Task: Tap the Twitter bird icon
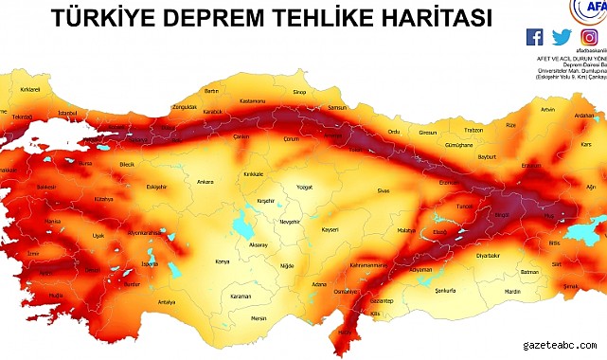coord(562,38)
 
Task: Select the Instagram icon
coord(589,38)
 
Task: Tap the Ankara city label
coord(205,180)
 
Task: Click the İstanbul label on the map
coord(67,113)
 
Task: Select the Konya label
coord(223,261)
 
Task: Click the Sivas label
coord(384,191)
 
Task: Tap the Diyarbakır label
coord(488,256)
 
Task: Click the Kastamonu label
coord(253,100)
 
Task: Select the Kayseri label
coord(330,229)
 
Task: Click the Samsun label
coord(335,107)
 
